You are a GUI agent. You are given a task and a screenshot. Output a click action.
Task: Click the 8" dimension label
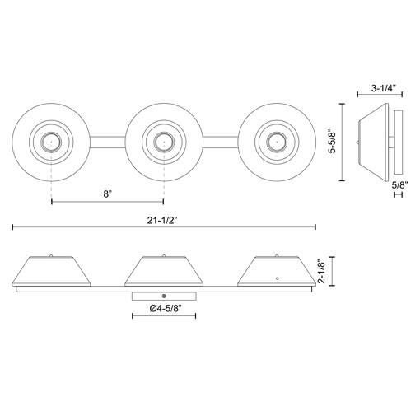[x=107, y=194]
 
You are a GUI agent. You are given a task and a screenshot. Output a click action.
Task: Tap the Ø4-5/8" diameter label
[x=165, y=310]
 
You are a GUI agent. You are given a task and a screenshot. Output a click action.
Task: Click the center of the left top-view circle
[x=51, y=142]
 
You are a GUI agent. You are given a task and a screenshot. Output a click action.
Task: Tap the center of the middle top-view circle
[x=165, y=142]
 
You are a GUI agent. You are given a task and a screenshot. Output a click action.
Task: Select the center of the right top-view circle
[x=275, y=142]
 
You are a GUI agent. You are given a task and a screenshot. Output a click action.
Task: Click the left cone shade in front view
[x=52, y=272]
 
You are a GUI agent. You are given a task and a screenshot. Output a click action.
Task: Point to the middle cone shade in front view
[x=165, y=272]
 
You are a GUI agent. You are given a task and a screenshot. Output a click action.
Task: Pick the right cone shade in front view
[x=277, y=272]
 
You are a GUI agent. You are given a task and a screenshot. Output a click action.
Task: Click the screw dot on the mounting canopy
[x=165, y=295]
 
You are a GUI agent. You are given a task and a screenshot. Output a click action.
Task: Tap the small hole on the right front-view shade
[x=278, y=278]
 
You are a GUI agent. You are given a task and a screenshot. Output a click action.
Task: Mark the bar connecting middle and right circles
[x=220, y=142]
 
